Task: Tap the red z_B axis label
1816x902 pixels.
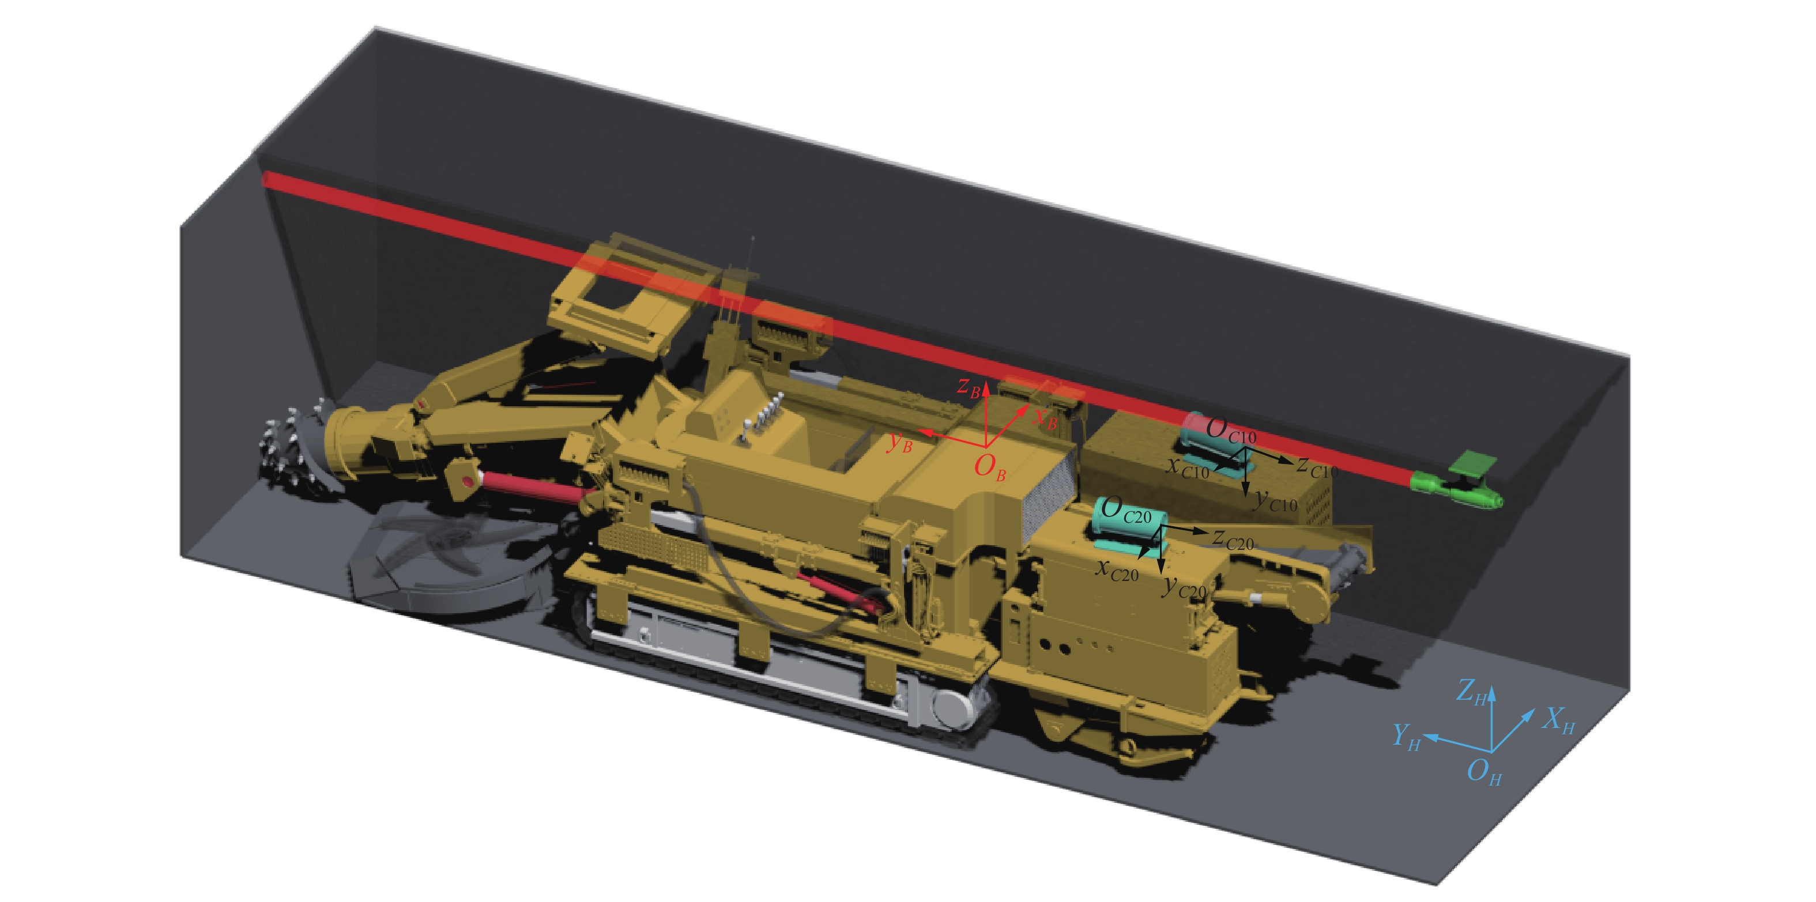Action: pos(969,387)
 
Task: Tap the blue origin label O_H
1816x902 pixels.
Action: pos(1484,772)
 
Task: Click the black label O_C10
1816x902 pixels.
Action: pos(1230,430)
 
